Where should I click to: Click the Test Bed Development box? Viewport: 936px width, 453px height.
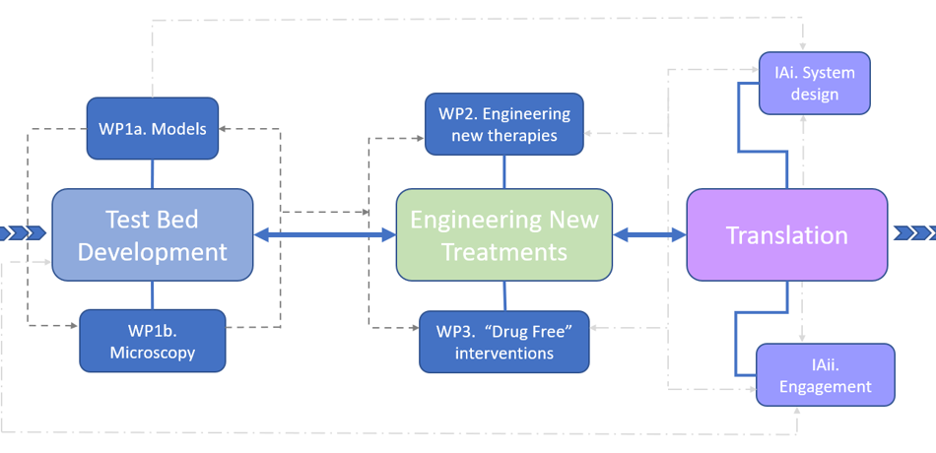click(x=153, y=234)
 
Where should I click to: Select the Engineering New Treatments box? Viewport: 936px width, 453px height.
click(x=503, y=234)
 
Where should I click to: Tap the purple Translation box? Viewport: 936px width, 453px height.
click(x=786, y=234)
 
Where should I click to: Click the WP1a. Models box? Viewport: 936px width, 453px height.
click(x=153, y=128)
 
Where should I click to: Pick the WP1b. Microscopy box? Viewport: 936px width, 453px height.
click(x=153, y=340)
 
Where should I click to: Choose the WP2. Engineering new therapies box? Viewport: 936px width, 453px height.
click(x=504, y=124)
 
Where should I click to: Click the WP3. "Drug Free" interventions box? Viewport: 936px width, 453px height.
click(x=504, y=341)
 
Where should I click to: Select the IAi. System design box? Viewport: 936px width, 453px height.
click(x=814, y=83)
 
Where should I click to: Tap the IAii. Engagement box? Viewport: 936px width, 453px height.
click(x=825, y=374)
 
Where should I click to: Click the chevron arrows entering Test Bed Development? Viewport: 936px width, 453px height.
click(x=22, y=233)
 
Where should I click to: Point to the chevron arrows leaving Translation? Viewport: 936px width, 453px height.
click(x=914, y=233)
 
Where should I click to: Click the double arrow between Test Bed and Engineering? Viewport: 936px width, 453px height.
click(x=324, y=234)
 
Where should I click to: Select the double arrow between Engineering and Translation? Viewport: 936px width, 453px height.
click(x=649, y=234)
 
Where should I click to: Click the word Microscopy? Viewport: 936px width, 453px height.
click(x=153, y=353)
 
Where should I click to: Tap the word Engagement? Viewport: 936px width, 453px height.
click(x=826, y=387)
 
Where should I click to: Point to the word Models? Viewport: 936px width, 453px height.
click(x=180, y=129)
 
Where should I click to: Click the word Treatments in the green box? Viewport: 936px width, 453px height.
click(x=504, y=251)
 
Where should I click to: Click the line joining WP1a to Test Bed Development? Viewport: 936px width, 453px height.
click(x=153, y=174)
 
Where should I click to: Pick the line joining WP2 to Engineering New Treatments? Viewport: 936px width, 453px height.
click(x=504, y=171)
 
